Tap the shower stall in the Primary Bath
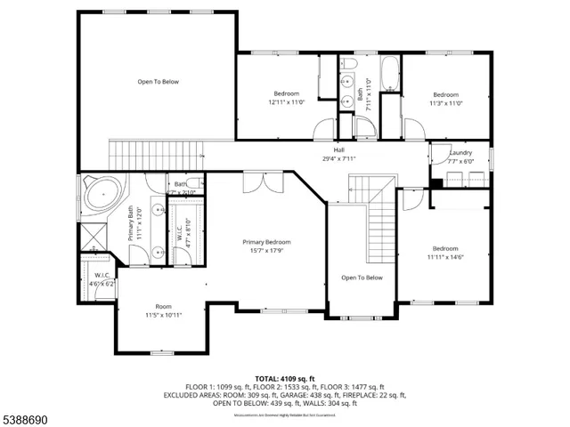pos(93,235)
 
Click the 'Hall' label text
pos(338,150)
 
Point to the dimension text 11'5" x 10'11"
pos(164,315)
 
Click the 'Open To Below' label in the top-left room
pos(158,82)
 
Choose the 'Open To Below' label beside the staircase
pos(362,278)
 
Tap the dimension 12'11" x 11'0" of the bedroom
pos(286,102)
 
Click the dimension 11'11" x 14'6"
pos(445,257)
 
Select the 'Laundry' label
pos(460,153)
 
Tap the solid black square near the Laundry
pos(436,184)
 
